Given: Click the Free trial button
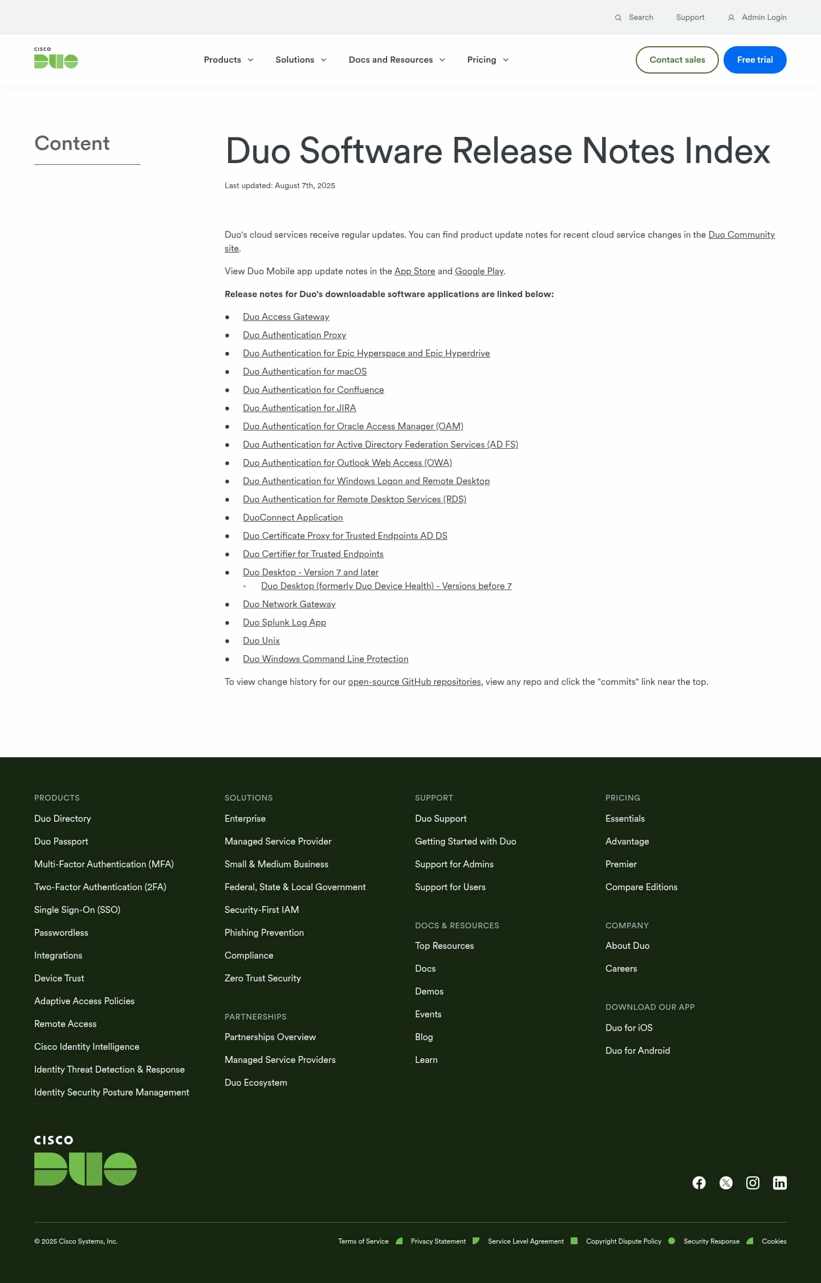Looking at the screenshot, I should [x=754, y=60].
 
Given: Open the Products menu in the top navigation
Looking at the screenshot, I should [x=228, y=60].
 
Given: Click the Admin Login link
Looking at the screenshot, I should [x=763, y=18].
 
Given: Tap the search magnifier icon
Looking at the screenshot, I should [x=618, y=18].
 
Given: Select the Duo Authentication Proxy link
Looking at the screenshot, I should [x=294, y=335].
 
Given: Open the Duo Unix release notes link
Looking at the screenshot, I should [x=261, y=641].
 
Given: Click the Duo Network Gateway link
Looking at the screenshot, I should [x=289, y=604].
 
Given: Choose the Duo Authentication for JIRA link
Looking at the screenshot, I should [x=299, y=408].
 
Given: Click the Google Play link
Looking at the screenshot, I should [x=479, y=271].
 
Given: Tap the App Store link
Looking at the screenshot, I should [x=414, y=271].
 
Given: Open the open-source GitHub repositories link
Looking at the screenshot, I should [x=414, y=682].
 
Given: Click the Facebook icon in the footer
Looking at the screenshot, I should [x=699, y=1183].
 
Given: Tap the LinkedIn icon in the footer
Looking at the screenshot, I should [x=779, y=1183].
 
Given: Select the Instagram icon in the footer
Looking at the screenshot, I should [x=753, y=1183].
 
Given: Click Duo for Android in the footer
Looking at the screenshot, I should [x=637, y=1050].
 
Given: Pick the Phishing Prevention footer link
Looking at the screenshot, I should [x=264, y=932].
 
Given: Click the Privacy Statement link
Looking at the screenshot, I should [x=438, y=1241].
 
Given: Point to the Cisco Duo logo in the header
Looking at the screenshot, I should [x=56, y=58].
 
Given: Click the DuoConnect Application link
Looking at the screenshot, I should [x=292, y=518].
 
